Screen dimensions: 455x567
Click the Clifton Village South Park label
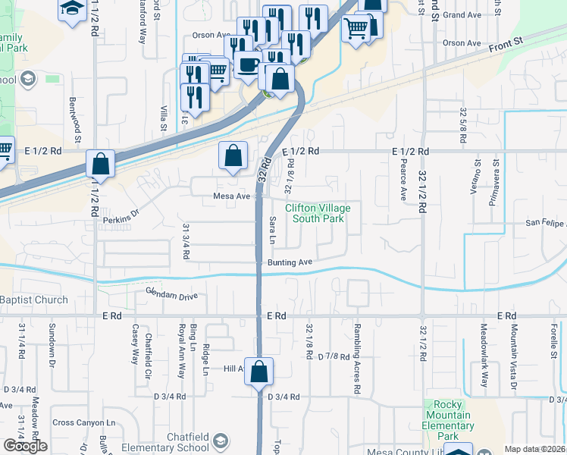tap(314, 213)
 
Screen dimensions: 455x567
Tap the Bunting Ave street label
tap(290, 262)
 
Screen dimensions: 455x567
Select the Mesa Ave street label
tap(232, 196)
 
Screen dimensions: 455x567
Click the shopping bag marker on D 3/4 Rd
tap(258, 372)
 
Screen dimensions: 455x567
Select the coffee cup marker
tap(246, 64)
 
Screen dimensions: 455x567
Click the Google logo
tap(25, 446)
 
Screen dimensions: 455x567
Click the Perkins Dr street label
tap(122, 218)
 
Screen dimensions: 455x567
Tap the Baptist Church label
tap(33, 300)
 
